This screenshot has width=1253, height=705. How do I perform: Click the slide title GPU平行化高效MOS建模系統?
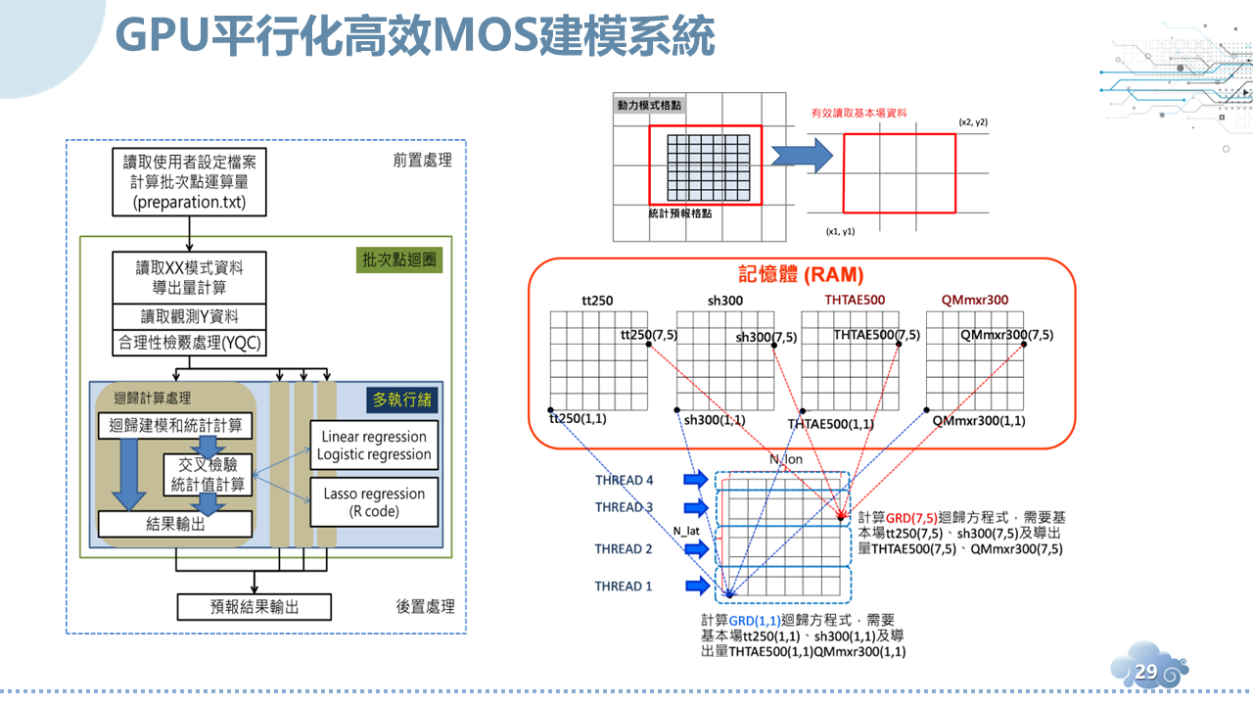click(415, 38)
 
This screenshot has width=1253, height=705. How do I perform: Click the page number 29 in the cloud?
click(1145, 672)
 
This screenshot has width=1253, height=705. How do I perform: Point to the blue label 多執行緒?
click(402, 399)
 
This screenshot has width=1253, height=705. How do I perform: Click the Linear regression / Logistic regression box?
click(373, 446)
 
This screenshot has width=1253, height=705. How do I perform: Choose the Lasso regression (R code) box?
click(373, 502)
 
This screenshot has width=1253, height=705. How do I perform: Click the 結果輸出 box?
click(175, 524)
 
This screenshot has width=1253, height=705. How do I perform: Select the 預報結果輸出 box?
click(255, 607)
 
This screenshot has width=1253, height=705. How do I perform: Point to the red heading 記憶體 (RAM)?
click(800, 275)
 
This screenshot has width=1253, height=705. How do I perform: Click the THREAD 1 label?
click(624, 587)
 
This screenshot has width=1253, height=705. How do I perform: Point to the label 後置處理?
click(425, 607)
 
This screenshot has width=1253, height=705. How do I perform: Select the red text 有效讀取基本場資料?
click(859, 114)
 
